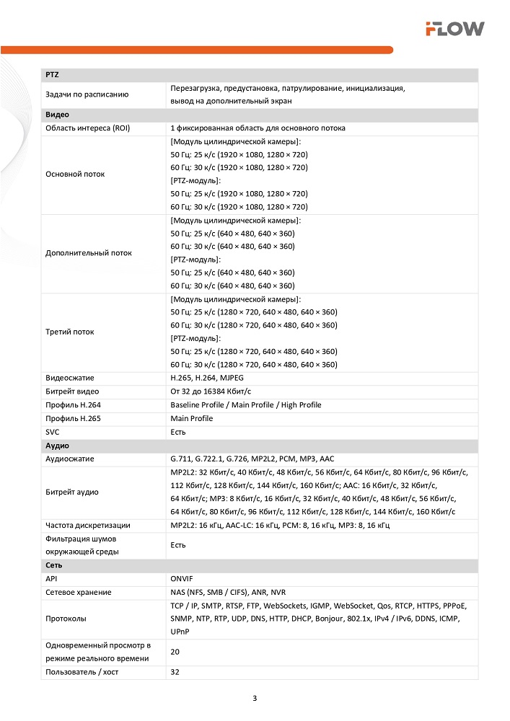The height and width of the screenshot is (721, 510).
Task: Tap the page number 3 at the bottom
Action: pyautogui.click(x=255, y=698)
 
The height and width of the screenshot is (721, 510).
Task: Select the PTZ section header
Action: pyautogui.click(x=51, y=75)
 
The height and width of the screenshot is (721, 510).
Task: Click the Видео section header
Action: pyautogui.click(x=57, y=115)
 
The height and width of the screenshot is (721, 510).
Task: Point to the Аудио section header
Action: pyautogui.click(x=57, y=446)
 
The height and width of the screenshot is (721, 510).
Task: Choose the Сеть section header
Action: pyautogui.click(x=54, y=565)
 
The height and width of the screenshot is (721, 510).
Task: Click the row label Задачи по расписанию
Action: pyautogui.click(x=87, y=94)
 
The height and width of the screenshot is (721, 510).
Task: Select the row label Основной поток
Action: pyautogui.click(x=75, y=174)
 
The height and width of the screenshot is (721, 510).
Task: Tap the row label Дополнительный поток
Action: pyautogui.click(x=89, y=253)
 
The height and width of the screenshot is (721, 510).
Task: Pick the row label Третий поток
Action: pyautogui.click(x=71, y=332)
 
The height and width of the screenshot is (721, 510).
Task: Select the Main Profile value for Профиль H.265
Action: pyautogui.click(x=191, y=418)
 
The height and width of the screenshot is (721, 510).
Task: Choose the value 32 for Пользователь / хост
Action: pyautogui.click(x=175, y=672)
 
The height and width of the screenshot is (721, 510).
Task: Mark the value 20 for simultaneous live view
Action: pyautogui.click(x=175, y=652)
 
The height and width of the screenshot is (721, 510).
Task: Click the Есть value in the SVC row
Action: pyautogui.click(x=178, y=432)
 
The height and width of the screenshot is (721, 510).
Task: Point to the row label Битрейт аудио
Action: pyautogui.click(x=71, y=492)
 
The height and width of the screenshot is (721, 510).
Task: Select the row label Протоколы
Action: pyautogui.click(x=66, y=619)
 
